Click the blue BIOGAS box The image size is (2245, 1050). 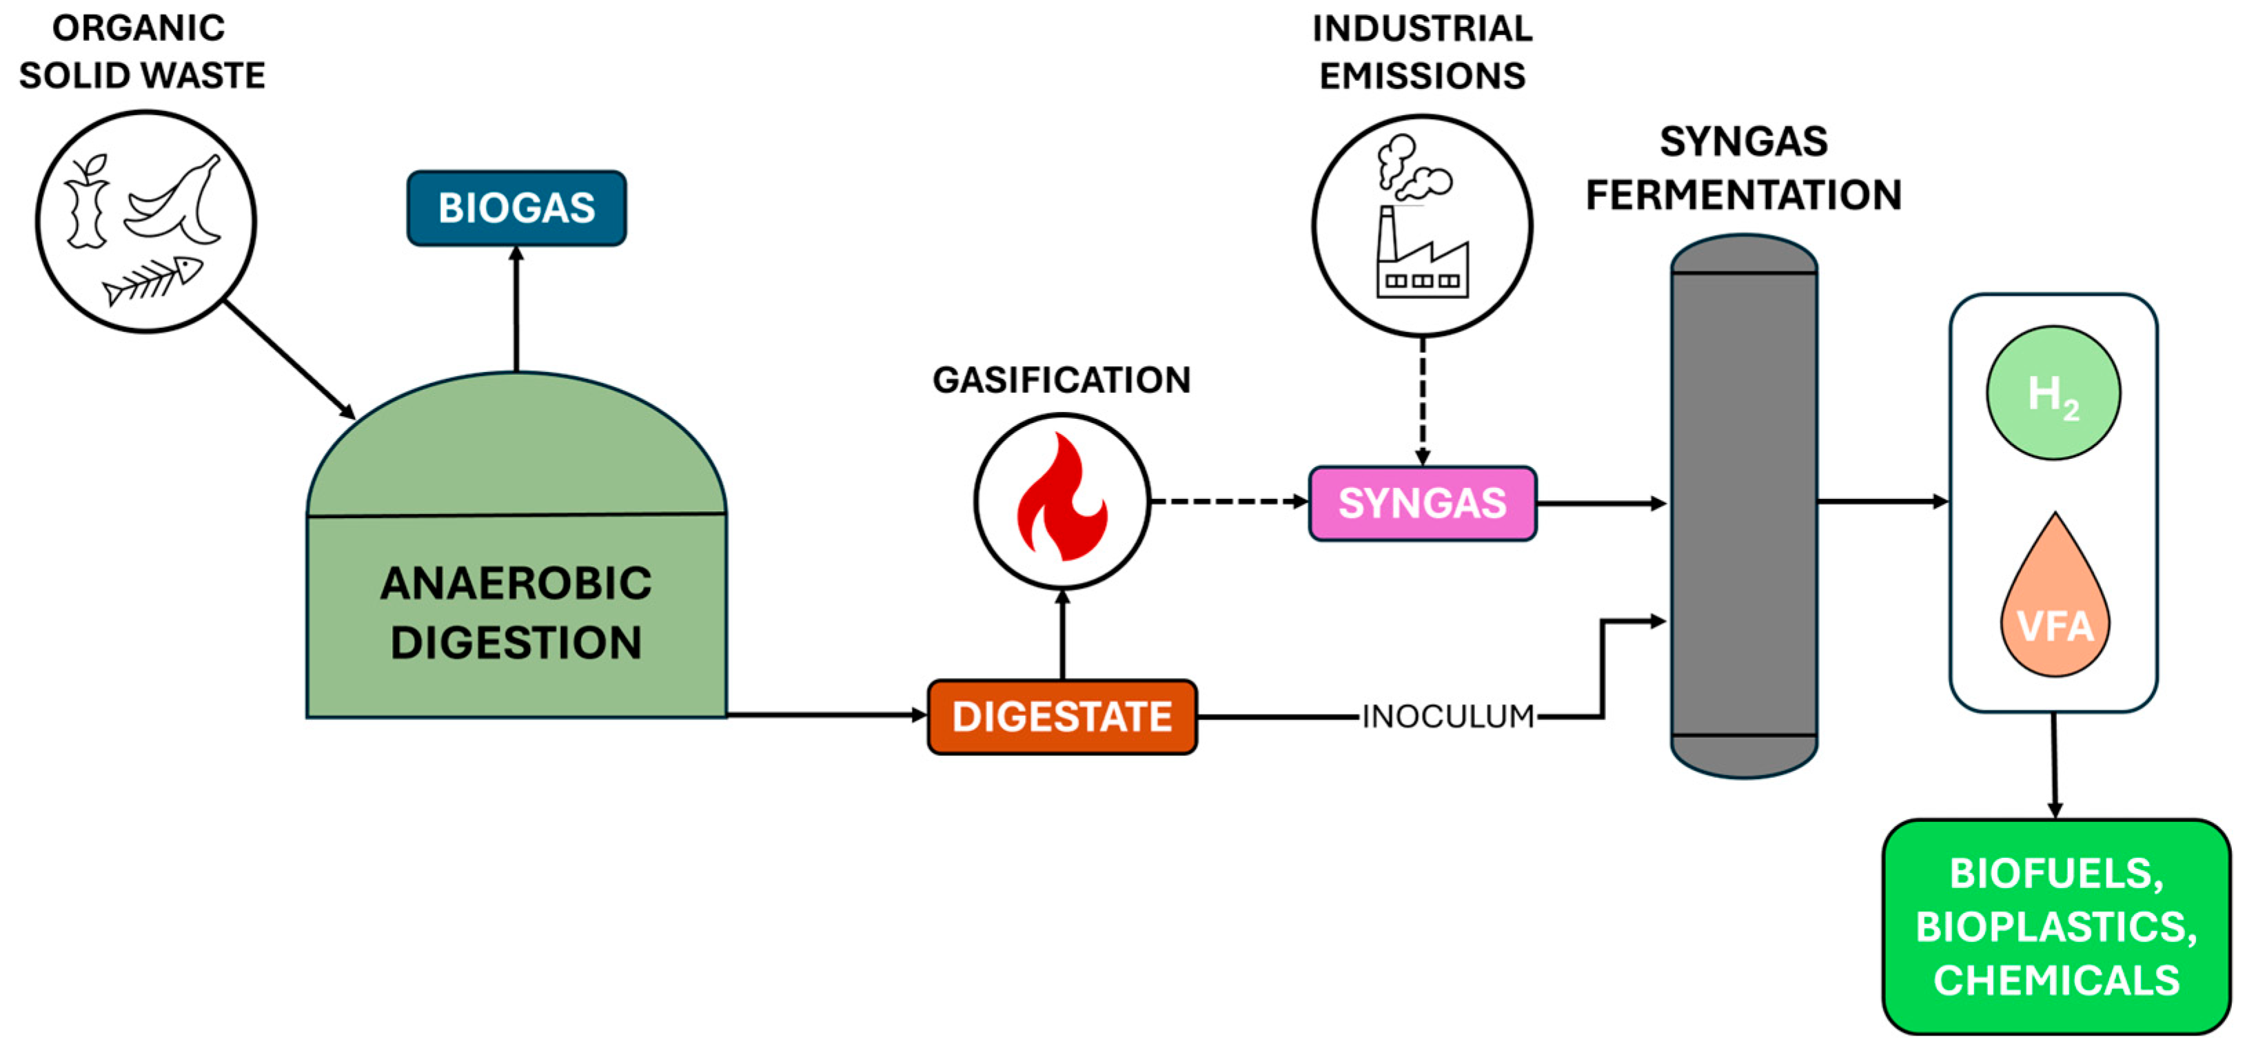click(516, 208)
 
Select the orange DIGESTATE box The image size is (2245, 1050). click(1061, 717)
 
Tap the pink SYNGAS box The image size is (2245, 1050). click(1421, 503)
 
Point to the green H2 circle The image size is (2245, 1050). click(2053, 393)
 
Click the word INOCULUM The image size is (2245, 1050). click(1447, 717)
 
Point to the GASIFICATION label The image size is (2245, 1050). click(1061, 380)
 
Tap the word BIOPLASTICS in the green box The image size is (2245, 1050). click(2055, 926)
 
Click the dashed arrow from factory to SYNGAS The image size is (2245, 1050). click(1422, 401)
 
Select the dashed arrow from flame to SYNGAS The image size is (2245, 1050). click(1229, 501)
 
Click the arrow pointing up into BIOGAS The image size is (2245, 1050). click(516, 309)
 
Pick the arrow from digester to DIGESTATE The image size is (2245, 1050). click(824, 714)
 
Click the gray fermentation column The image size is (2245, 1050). click(1743, 506)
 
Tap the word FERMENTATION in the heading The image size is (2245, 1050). click(1743, 195)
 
